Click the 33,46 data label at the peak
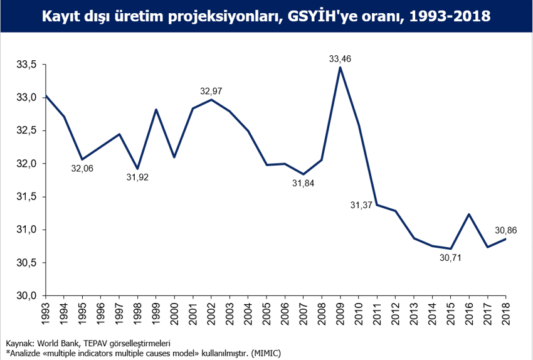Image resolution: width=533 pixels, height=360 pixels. (x=340, y=59)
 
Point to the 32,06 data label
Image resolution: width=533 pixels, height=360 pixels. (x=82, y=169)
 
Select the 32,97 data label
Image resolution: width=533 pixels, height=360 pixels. (x=211, y=92)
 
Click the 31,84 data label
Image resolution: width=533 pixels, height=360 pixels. (x=303, y=183)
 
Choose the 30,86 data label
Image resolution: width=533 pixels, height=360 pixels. (x=505, y=230)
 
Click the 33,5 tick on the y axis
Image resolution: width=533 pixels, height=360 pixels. (x=27, y=65)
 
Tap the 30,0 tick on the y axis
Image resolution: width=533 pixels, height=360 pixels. (x=27, y=295)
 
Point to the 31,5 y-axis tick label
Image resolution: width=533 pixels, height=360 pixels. (x=27, y=196)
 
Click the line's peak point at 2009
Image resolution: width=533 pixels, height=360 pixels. (x=340, y=67)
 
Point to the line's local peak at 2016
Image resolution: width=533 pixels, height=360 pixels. (x=469, y=214)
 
